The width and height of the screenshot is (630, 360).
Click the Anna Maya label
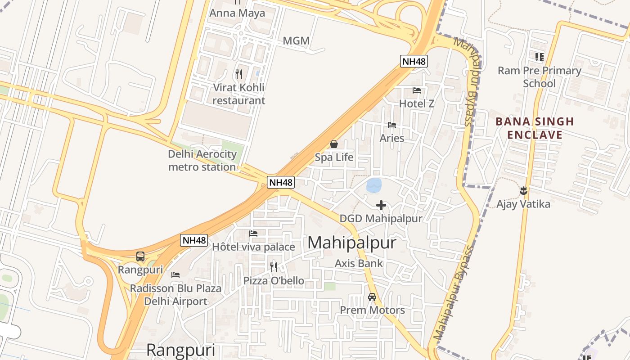point(237,13)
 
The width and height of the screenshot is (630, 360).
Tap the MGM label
point(296,41)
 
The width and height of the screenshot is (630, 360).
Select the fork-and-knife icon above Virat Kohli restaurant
point(239,74)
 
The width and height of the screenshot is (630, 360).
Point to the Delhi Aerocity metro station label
point(202,161)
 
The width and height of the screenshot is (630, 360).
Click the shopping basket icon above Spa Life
point(334,144)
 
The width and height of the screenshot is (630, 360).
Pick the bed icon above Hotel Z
point(417,90)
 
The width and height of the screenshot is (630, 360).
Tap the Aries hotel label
point(392,138)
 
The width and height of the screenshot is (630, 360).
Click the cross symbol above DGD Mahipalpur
point(381,206)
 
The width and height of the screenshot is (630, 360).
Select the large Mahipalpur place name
point(352,243)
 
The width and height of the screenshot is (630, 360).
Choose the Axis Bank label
point(359,263)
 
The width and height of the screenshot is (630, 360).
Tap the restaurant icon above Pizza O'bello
point(274,267)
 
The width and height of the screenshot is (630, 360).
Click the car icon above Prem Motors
point(372,297)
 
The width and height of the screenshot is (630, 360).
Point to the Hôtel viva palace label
point(253,247)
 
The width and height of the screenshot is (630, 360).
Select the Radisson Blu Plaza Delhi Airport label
point(175,295)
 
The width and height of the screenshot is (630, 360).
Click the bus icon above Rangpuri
point(140,256)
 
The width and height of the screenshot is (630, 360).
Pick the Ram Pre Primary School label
point(539,77)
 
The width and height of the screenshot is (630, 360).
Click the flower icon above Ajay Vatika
point(523,191)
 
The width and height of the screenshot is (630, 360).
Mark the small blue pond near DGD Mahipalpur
point(374,185)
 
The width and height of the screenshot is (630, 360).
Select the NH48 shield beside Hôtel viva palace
point(194,240)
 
